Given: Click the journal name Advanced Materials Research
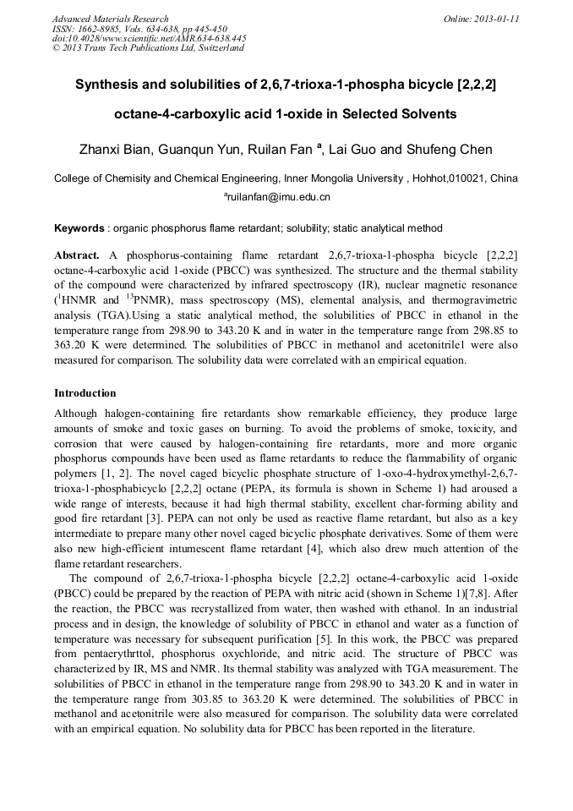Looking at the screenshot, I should point(110,19).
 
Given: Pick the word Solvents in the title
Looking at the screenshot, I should point(428,113).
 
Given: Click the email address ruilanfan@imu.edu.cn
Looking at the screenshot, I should point(278,197).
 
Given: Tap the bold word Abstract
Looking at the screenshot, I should point(77,255).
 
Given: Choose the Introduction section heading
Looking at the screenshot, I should point(85,393).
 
